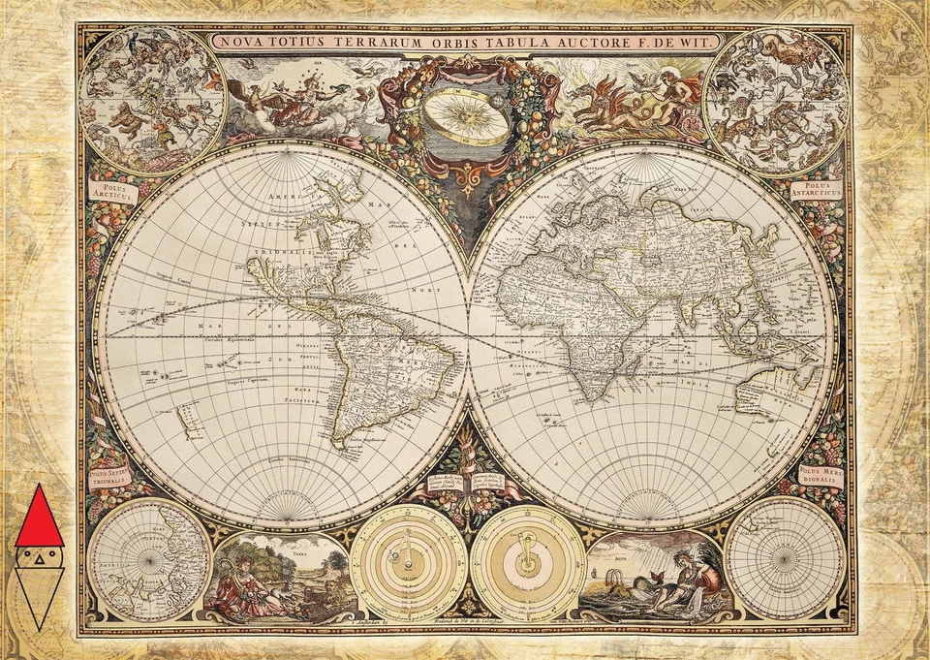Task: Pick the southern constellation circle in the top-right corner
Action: click(x=776, y=100)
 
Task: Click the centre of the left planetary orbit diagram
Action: click(x=408, y=563)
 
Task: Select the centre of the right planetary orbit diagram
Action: click(x=527, y=563)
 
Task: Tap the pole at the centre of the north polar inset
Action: click(x=149, y=559)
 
